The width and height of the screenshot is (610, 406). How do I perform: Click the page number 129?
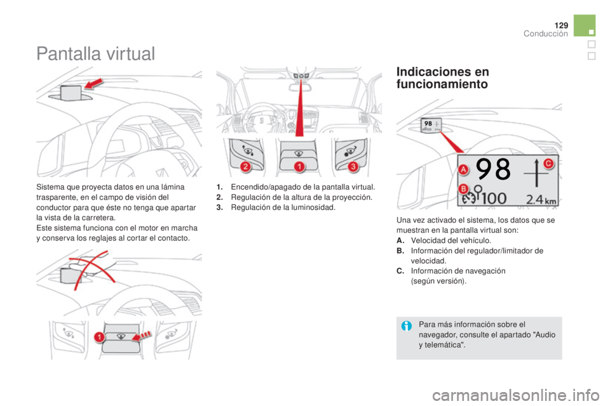pyautogui.click(x=561, y=25)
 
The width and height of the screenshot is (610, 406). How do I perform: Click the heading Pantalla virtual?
pyautogui.click(x=96, y=54)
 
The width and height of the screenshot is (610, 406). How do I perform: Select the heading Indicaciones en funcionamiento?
pyautogui.click(x=443, y=77)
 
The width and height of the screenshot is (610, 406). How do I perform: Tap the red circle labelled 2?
pyautogui.click(x=245, y=167)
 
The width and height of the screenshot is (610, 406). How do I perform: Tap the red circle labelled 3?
pyautogui.click(x=353, y=167)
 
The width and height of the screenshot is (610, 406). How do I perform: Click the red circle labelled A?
pyautogui.click(x=463, y=169)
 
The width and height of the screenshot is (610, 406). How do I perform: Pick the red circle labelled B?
pyautogui.click(x=463, y=189)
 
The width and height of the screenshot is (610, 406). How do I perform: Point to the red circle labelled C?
pyautogui.click(x=548, y=164)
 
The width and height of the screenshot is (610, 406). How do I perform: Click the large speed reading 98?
pyautogui.click(x=494, y=169)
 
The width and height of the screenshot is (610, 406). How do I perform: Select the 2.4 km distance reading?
pyautogui.click(x=541, y=200)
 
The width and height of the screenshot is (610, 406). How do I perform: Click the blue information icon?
pyautogui.click(x=407, y=326)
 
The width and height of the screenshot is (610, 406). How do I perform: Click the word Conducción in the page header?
pyautogui.click(x=545, y=34)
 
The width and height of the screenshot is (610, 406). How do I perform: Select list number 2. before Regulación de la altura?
pyautogui.click(x=220, y=197)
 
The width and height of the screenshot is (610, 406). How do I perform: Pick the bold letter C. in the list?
pyautogui.click(x=400, y=271)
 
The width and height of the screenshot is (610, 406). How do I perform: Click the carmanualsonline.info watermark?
pyautogui.click(x=515, y=395)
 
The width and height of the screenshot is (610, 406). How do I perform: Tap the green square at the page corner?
pyautogui.click(x=585, y=25)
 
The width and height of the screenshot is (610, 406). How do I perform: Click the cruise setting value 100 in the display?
pyautogui.click(x=494, y=198)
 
